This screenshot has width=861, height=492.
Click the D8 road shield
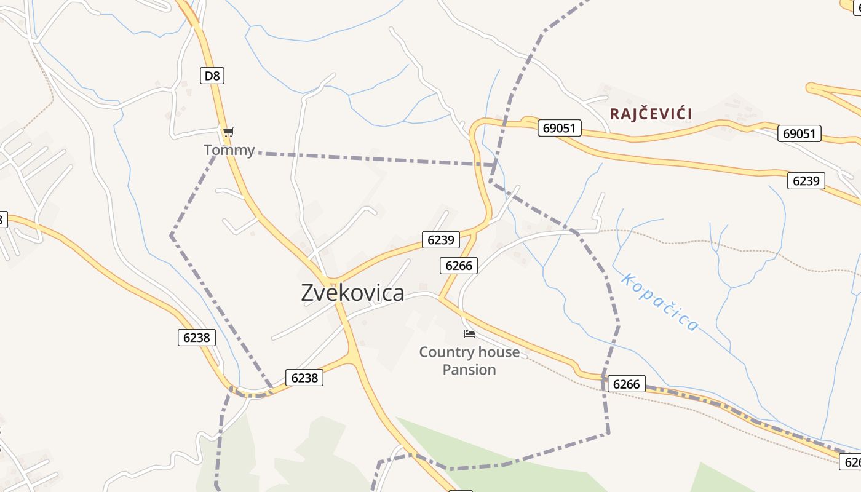click(x=212, y=76)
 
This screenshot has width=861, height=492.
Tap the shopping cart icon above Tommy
click(x=228, y=132)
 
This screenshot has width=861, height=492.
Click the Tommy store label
click(x=229, y=150)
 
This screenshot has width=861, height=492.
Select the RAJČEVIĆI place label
click(x=651, y=114)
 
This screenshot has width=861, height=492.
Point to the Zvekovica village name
click(x=352, y=293)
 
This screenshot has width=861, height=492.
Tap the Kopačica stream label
click(x=659, y=302)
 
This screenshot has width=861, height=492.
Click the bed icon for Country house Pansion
click(x=469, y=334)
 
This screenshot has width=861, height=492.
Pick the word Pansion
click(x=469, y=370)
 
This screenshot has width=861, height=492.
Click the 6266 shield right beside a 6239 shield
click(x=459, y=266)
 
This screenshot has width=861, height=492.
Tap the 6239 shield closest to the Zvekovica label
click(x=440, y=240)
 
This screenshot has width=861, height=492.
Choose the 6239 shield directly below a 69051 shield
click(x=806, y=181)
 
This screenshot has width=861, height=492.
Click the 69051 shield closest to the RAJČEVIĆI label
click(x=559, y=128)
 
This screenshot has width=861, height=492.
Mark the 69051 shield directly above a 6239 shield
click(x=799, y=133)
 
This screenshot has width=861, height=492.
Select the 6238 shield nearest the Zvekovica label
click(x=304, y=378)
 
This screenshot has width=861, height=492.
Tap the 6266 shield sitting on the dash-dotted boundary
click(x=627, y=385)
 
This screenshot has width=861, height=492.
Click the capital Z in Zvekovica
click(x=308, y=293)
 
